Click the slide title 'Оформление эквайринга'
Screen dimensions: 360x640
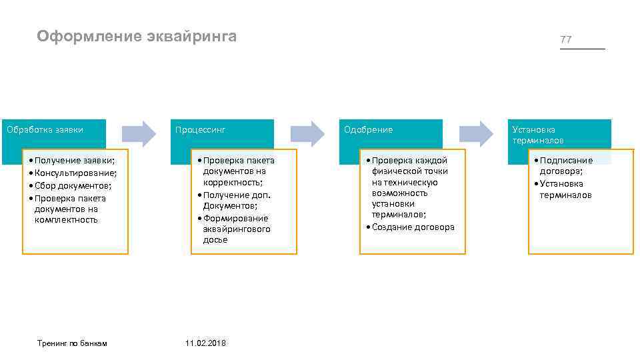click(137, 36)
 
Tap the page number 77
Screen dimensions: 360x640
click(566, 40)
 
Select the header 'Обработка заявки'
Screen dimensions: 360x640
click(45, 129)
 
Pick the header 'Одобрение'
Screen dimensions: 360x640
click(368, 129)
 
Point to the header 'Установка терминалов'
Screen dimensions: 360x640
click(537, 135)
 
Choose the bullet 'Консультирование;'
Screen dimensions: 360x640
click(75, 173)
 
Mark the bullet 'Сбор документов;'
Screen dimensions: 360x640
click(73, 186)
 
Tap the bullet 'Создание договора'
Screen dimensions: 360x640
click(413, 227)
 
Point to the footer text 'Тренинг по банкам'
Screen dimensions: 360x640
click(73, 343)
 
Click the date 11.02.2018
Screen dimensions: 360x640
click(205, 343)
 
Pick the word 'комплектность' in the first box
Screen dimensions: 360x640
click(66, 219)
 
